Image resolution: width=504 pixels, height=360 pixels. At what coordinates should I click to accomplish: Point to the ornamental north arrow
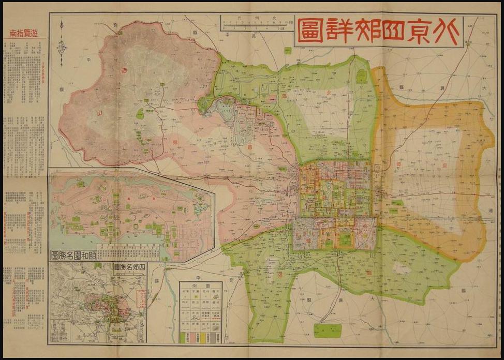click(62, 37)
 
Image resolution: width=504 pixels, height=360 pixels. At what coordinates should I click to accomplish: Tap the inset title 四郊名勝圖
click(130, 267)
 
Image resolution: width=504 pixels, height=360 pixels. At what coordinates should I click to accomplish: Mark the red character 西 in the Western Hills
click(123, 71)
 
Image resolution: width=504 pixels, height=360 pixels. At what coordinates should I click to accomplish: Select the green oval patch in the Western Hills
click(140, 113)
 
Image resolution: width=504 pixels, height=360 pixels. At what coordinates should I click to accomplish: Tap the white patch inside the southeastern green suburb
click(402, 268)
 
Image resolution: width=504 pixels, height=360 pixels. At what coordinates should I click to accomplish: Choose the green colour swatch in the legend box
click(183, 337)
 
